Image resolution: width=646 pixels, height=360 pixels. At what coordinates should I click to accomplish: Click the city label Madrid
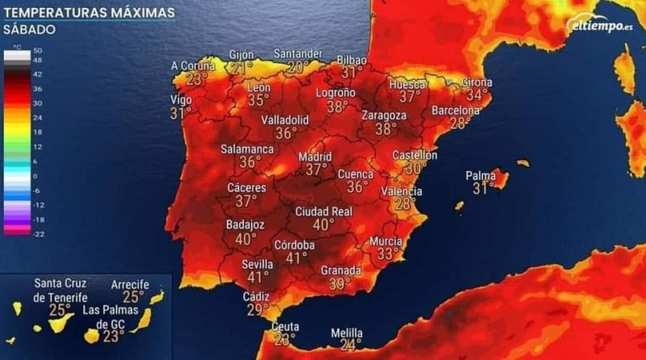point(315,157)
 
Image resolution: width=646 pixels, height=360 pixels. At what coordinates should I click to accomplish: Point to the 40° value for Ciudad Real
point(324,224)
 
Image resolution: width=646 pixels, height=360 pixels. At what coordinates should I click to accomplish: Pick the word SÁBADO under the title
point(29,29)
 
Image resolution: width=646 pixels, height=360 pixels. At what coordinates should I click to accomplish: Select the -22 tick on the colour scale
point(37,233)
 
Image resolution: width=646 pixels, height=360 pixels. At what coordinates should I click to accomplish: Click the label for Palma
point(480,175)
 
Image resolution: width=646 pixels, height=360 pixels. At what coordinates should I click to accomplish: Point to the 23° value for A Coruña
point(196,79)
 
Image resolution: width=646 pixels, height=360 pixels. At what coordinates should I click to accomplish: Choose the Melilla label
point(346,333)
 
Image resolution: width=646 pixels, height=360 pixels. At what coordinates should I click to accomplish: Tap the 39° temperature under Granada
point(340,283)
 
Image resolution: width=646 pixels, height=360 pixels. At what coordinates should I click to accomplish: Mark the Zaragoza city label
point(384,115)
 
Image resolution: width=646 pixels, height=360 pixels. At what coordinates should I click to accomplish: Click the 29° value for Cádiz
point(257,310)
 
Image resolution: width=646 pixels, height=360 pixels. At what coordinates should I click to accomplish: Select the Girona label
point(476,82)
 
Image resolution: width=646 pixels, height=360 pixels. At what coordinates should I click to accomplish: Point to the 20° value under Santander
point(297,67)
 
